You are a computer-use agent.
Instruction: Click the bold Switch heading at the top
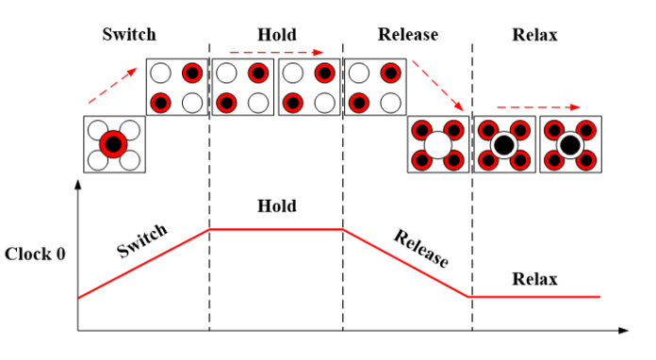pos(130,36)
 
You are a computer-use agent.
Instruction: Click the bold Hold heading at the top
pos(276,36)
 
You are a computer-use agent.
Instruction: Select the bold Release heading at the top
pos(407,36)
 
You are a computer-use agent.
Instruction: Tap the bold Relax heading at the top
pos(534,36)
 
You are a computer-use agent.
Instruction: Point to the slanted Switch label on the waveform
pos(142,241)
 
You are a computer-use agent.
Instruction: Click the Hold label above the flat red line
pos(276,206)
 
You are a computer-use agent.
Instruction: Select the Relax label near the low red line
pos(534,279)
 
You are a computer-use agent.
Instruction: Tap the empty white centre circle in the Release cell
pos(438,144)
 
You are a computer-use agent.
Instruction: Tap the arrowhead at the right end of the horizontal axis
pos(623,331)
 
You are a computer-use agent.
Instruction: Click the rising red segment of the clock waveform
pos(141,264)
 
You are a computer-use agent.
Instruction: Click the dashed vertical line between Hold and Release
pos(342,188)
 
